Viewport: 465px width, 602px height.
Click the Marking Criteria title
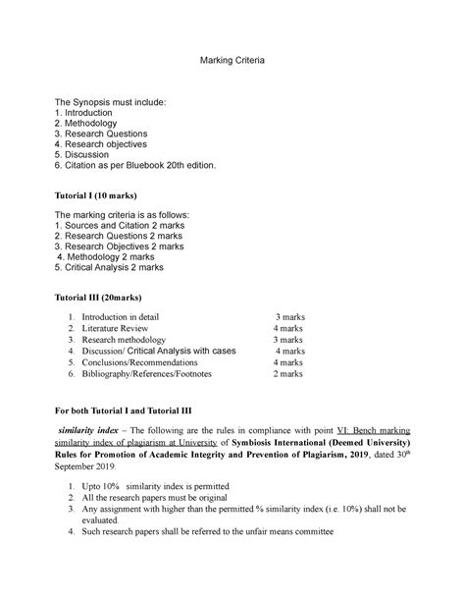pos(232,61)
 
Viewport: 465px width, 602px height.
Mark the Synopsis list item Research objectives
pos(117,139)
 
